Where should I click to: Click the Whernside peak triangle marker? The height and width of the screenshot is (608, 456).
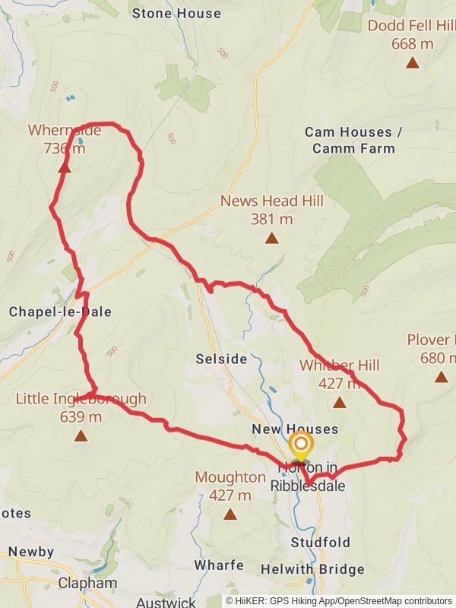click(65, 167)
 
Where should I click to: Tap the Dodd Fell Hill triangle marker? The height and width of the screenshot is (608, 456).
click(413, 63)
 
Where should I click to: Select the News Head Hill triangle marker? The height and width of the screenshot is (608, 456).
click(271, 239)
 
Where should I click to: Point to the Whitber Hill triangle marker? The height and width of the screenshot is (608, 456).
click(339, 403)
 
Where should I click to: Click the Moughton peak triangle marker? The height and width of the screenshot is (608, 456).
click(230, 515)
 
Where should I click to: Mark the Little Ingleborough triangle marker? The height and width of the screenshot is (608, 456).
click(81, 436)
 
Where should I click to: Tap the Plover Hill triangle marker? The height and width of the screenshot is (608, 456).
click(441, 376)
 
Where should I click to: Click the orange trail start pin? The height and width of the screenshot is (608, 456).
click(301, 445)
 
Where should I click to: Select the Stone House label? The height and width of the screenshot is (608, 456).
click(176, 13)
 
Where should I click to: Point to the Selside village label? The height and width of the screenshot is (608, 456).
click(221, 359)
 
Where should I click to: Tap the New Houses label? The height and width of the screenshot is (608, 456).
click(294, 430)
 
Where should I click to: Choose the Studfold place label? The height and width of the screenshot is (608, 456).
click(321, 543)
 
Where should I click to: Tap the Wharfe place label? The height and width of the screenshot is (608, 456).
click(218, 565)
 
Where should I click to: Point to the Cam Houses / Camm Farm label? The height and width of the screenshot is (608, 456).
click(353, 140)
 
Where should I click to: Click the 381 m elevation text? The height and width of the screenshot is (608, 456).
click(271, 219)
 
